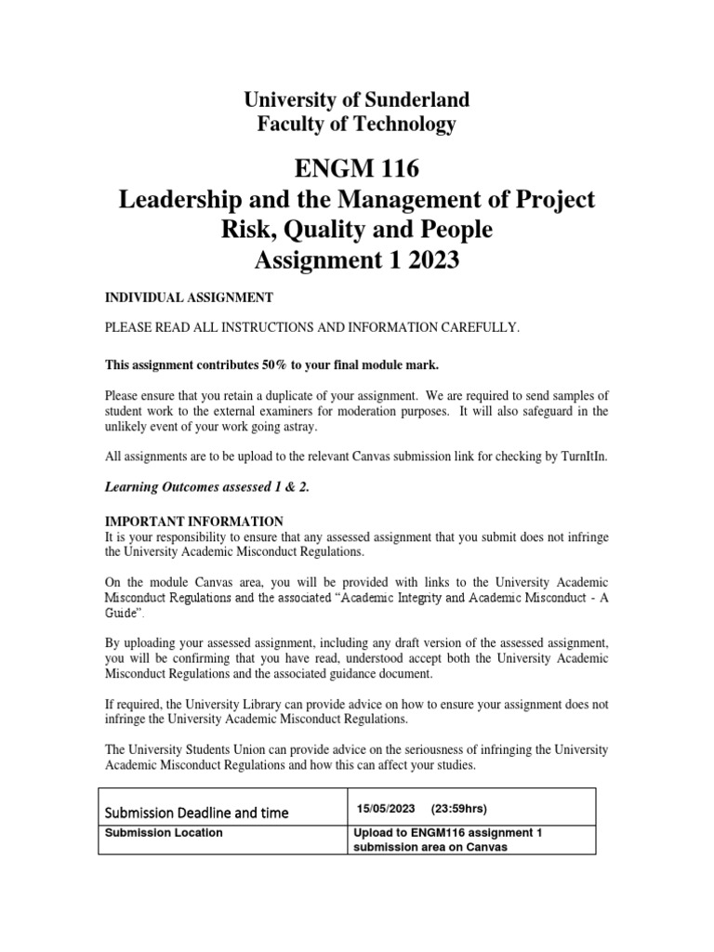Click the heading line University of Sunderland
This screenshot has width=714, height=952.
356,99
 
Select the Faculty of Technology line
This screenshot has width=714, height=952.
356,124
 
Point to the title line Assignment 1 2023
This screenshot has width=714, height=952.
356,261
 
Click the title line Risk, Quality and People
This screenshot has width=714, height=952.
356,231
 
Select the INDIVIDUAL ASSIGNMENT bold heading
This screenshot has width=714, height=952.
187,297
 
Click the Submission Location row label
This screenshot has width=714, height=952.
164,833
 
